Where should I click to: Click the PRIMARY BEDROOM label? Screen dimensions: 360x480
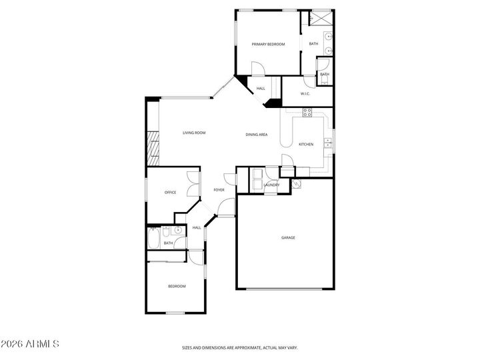point(268,44)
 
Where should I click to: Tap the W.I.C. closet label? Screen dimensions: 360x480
point(305,93)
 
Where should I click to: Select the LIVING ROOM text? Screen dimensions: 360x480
point(194,133)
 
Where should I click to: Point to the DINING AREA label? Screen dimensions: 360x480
point(257,135)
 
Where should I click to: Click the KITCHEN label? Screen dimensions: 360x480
point(306,144)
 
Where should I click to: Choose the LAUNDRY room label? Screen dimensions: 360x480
point(271,185)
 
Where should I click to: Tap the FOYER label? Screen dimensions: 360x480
point(219,190)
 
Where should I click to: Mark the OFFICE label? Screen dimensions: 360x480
point(170,193)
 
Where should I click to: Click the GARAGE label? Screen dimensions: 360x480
point(288,237)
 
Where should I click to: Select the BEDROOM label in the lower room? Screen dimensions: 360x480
point(176,286)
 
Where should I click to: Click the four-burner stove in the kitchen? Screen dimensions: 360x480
point(307,113)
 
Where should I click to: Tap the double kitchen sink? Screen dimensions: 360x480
point(328,143)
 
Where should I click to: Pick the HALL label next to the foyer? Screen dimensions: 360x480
point(197,227)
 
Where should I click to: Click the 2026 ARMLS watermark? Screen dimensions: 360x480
point(31,344)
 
